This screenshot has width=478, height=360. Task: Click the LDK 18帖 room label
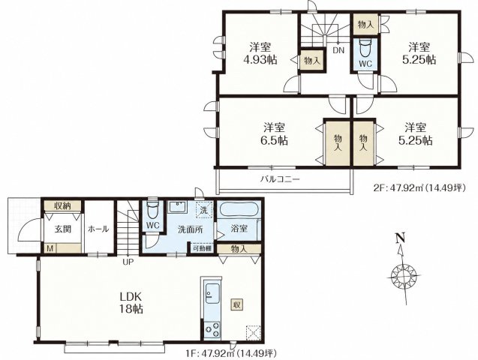(131, 302)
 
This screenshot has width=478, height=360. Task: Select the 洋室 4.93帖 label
(260, 53)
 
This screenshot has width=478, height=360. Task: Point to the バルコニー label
(280, 178)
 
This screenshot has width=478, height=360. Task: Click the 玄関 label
(63, 229)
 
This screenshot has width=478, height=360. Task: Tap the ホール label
(98, 229)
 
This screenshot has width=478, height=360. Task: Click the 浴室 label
(239, 229)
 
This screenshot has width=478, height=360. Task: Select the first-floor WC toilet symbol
(152, 208)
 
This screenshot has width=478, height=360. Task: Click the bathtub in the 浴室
(239, 209)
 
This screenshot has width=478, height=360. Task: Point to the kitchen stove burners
(212, 329)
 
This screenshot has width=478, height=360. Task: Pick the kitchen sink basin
(212, 293)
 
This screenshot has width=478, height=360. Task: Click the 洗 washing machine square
(204, 209)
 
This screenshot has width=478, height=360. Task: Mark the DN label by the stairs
(338, 50)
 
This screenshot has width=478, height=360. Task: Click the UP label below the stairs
(128, 261)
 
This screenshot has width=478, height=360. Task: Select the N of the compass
(401, 238)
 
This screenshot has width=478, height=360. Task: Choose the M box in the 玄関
(50, 248)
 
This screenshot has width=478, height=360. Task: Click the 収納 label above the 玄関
(62, 206)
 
